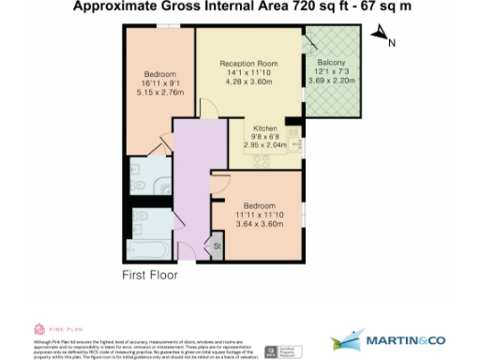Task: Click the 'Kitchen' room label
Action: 263,127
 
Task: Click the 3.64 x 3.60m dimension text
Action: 259,224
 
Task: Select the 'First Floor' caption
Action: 150,276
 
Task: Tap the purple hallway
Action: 192,187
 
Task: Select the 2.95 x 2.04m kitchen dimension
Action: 263,145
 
